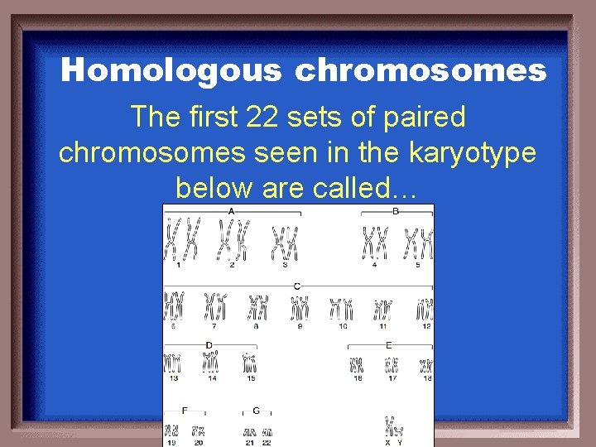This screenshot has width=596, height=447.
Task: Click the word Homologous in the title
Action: tap(171, 71)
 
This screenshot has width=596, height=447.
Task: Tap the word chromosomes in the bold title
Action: tap(420, 71)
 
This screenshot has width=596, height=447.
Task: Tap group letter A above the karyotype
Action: tap(231, 212)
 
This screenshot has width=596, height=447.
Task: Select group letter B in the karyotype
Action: tap(396, 212)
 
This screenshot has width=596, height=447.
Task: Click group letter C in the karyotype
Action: tap(296, 286)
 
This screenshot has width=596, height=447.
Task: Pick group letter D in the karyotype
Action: tap(209, 344)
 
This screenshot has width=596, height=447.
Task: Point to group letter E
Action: tap(389, 344)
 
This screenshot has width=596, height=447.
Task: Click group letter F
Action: tap(184, 410)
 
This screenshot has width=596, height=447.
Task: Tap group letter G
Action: tap(256, 410)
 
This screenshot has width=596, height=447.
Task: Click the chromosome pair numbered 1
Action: tap(183, 240)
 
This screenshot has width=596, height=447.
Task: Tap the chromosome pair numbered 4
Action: tap(374, 243)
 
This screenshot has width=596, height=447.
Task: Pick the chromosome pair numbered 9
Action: tap(300, 308)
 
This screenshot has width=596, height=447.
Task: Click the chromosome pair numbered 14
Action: tap(211, 362)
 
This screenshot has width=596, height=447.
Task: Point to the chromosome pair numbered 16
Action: tap(357, 364)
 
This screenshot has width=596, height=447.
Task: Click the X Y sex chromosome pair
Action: tap(392, 427)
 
